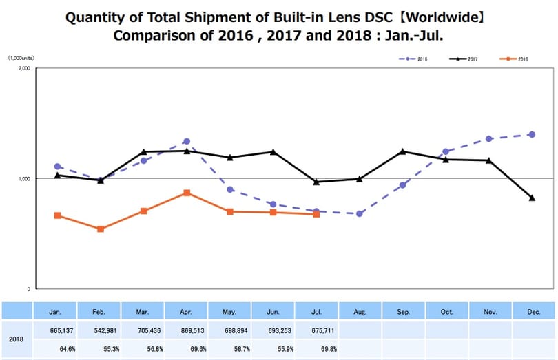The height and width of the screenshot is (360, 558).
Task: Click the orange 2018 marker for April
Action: pyautogui.click(x=187, y=193)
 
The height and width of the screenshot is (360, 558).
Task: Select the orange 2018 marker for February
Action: pyautogui.click(x=101, y=229)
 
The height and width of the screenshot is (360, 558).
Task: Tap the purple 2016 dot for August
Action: pyautogui.click(x=360, y=213)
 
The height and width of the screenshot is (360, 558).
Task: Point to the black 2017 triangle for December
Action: pyautogui.click(x=532, y=198)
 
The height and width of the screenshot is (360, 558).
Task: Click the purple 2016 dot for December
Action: pyautogui.click(x=532, y=134)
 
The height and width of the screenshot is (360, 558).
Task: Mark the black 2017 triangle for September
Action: pyautogui.click(x=402, y=151)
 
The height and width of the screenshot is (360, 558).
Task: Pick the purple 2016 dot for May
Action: pyautogui.click(x=230, y=189)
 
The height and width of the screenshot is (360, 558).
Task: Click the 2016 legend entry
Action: pyautogui.click(x=413, y=59)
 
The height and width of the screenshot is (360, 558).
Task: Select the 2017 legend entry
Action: pyautogui.click(x=464, y=59)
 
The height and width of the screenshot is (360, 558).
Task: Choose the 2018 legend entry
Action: pyautogui.click(x=514, y=59)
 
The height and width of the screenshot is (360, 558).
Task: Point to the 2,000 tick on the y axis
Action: pyautogui.click(x=24, y=68)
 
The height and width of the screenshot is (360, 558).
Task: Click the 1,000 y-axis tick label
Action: pyautogui.click(x=24, y=178)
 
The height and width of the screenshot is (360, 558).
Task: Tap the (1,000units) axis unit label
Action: pyautogui.click(x=21, y=58)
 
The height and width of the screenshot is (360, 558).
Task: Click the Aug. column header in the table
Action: pyautogui.click(x=360, y=312)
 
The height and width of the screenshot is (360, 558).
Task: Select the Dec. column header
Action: pyautogui.click(x=534, y=312)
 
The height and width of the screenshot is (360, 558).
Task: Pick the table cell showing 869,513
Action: pyautogui.click(x=192, y=331)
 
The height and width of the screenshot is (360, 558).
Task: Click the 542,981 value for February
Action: pyautogui.click(x=105, y=331)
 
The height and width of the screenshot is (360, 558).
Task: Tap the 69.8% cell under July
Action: pyautogui.click(x=329, y=349)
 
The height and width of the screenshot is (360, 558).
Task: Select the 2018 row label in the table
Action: pyautogui.click(x=16, y=339)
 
